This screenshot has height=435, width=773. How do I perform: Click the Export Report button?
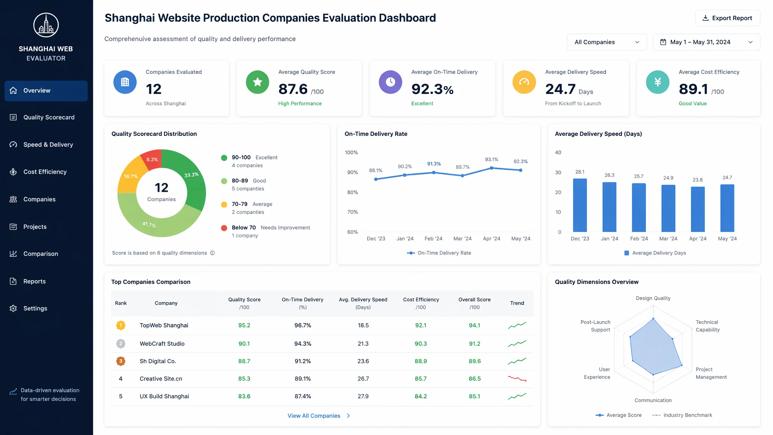[727, 18]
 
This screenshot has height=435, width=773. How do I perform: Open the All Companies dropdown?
[607, 42]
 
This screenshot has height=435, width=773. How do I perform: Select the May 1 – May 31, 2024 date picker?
[706, 42]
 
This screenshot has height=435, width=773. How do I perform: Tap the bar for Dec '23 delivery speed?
[580, 205]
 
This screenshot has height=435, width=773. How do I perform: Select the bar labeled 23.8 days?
[698, 209]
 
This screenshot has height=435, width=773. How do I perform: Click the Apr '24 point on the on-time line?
[491, 168]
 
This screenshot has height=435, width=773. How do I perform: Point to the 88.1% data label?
[376, 170]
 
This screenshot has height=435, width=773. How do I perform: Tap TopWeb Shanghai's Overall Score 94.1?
[474, 325]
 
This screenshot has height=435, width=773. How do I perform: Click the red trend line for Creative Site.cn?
[517, 378]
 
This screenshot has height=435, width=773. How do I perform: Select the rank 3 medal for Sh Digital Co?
[121, 361]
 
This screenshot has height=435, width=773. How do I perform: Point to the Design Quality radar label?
[653, 298]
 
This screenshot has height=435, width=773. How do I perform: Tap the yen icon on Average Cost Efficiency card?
[658, 82]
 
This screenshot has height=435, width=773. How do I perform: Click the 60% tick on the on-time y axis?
[353, 232]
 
